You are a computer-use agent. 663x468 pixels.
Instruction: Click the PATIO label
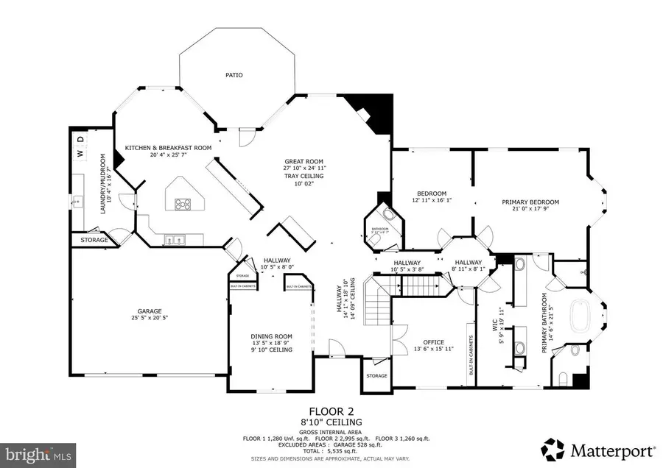234,74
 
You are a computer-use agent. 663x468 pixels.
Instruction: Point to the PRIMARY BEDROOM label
530,202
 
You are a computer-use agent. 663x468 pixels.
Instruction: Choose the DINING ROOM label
273,336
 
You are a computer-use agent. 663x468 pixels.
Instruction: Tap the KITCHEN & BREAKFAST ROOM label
168,147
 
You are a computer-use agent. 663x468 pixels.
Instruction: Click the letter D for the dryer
82,140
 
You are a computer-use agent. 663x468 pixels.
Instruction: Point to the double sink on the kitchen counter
174,239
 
